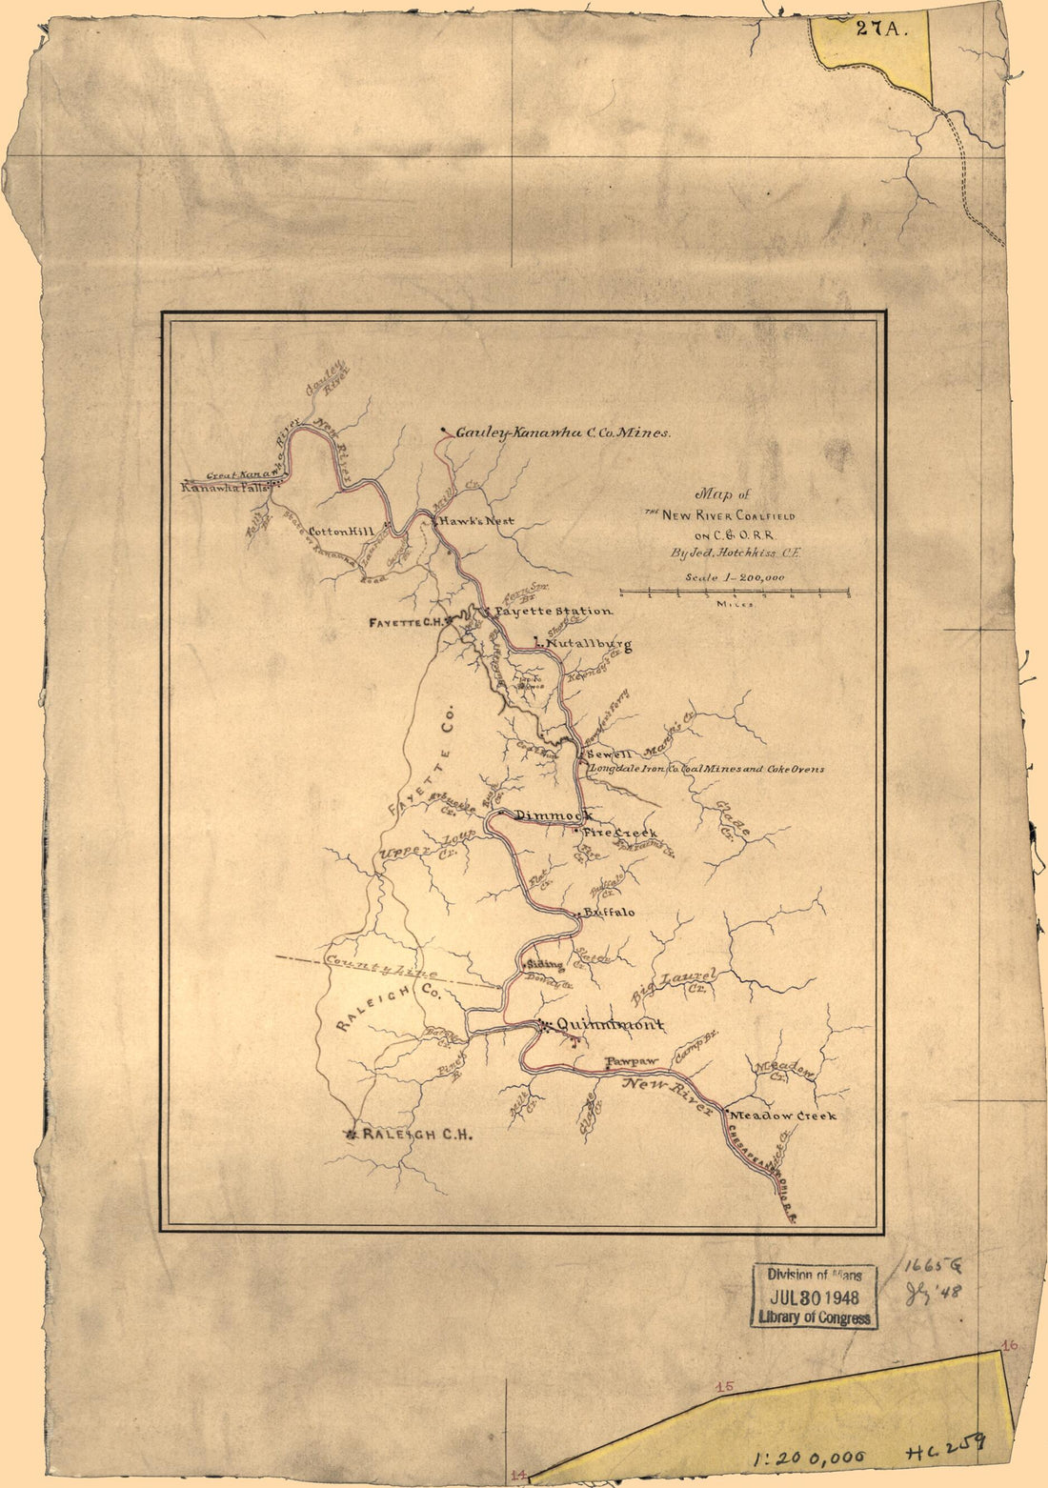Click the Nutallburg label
click(x=589, y=646)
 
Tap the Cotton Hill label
click(x=341, y=532)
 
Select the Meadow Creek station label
click(x=784, y=1115)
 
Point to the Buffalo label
click(x=609, y=912)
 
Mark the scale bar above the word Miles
click(x=734, y=592)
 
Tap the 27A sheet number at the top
click(x=877, y=28)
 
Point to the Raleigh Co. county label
click(x=388, y=1009)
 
